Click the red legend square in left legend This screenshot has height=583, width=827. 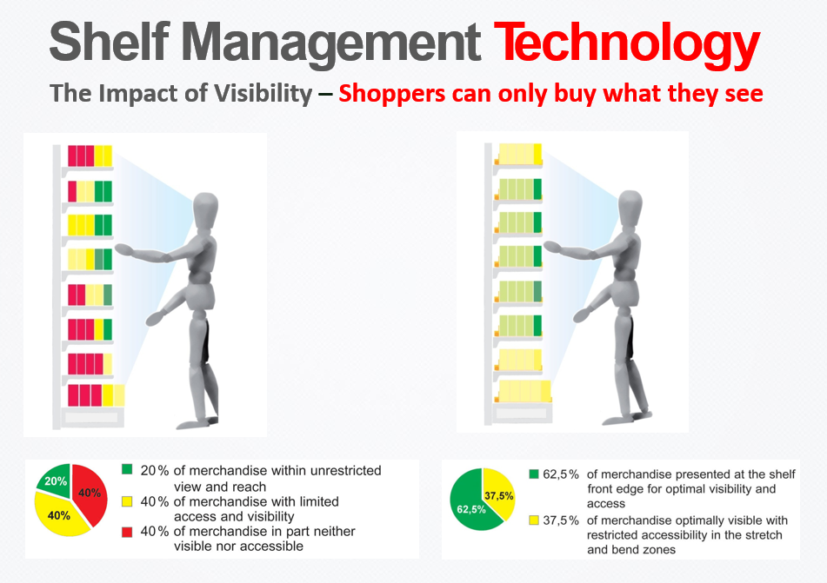pyautogui.click(x=127, y=531)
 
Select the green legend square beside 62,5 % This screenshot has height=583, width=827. pyautogui.click(x=534, y=474)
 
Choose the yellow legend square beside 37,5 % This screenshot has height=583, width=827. pyautogui.click(x=534, y=520)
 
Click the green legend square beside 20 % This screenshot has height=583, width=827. pyautogui.click(x=127, y=471)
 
